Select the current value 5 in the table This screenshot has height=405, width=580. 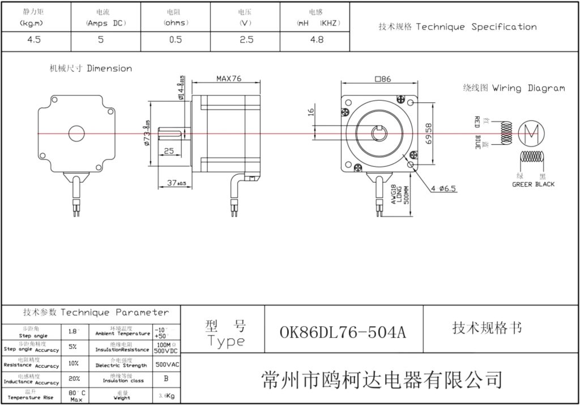pos(101,40)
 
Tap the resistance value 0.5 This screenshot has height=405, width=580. pos(176,40)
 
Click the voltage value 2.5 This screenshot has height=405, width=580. pos(246,40)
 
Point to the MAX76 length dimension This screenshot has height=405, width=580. pos(229,79)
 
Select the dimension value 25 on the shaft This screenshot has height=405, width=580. pos(169,151)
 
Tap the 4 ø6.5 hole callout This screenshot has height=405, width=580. pos(443,188)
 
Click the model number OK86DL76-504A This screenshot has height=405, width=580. pos(343,332)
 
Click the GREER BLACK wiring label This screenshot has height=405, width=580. pos(533,184)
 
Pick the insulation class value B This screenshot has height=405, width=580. pos(165,378)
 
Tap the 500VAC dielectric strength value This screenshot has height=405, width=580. pos(167,364)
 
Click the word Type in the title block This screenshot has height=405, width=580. pos(226,341)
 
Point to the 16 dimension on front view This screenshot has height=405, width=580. pos(311,112)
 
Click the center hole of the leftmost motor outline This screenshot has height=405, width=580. pos(76,133)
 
